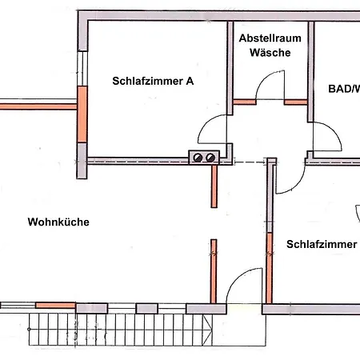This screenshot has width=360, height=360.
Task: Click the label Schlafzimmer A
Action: [153, 80]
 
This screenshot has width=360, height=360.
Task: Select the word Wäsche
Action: [270, 53]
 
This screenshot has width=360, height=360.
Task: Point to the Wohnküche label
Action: [58, 222]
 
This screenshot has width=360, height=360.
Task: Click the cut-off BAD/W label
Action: [344, 89]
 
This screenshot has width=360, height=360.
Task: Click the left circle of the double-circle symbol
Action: [197, 158]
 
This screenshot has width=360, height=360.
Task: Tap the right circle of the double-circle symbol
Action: [210, 158]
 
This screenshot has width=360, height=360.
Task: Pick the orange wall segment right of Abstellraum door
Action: [296, 102]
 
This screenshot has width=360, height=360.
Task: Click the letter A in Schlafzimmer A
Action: [190, 80]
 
